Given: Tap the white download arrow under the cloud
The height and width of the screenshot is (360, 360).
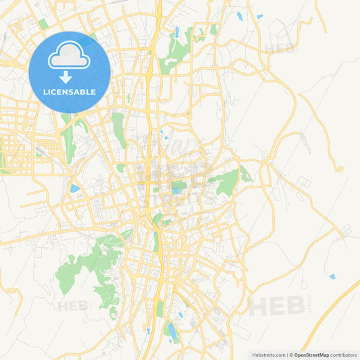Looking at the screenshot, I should pyautogui.click(x=66, y=77).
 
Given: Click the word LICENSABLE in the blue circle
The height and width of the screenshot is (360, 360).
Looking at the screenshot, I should pyautogui.click(x=70, y=92).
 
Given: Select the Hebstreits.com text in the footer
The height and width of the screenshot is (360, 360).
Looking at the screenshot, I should pyautogui.click(x=267, y=355).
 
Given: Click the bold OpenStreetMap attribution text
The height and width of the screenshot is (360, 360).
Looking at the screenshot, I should pyautogui.click(x=311, y=355).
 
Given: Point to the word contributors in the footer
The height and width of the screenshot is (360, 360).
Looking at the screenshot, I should pyautogui.click(x=344, y=355).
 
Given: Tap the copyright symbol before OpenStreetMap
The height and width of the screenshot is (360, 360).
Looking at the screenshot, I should pyautogui.click(x=290, y=355).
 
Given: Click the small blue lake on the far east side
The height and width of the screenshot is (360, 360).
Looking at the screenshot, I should pyautogui.click(x=332, y=276).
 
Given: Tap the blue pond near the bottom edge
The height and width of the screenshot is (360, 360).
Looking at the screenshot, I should pyautogui.click(x=171, y=330).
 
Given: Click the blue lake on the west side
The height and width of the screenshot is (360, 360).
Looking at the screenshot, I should pyautogui.click(x=74, y=188).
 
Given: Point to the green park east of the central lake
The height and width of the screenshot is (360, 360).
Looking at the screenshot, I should pyautogui.click(x=226, y=181).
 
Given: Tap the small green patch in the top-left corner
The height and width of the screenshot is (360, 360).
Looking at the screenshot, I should pyautogui.click(x=43, y=24).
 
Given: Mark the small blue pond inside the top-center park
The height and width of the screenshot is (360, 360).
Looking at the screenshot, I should pyautogui.click(x=177, y=32).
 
